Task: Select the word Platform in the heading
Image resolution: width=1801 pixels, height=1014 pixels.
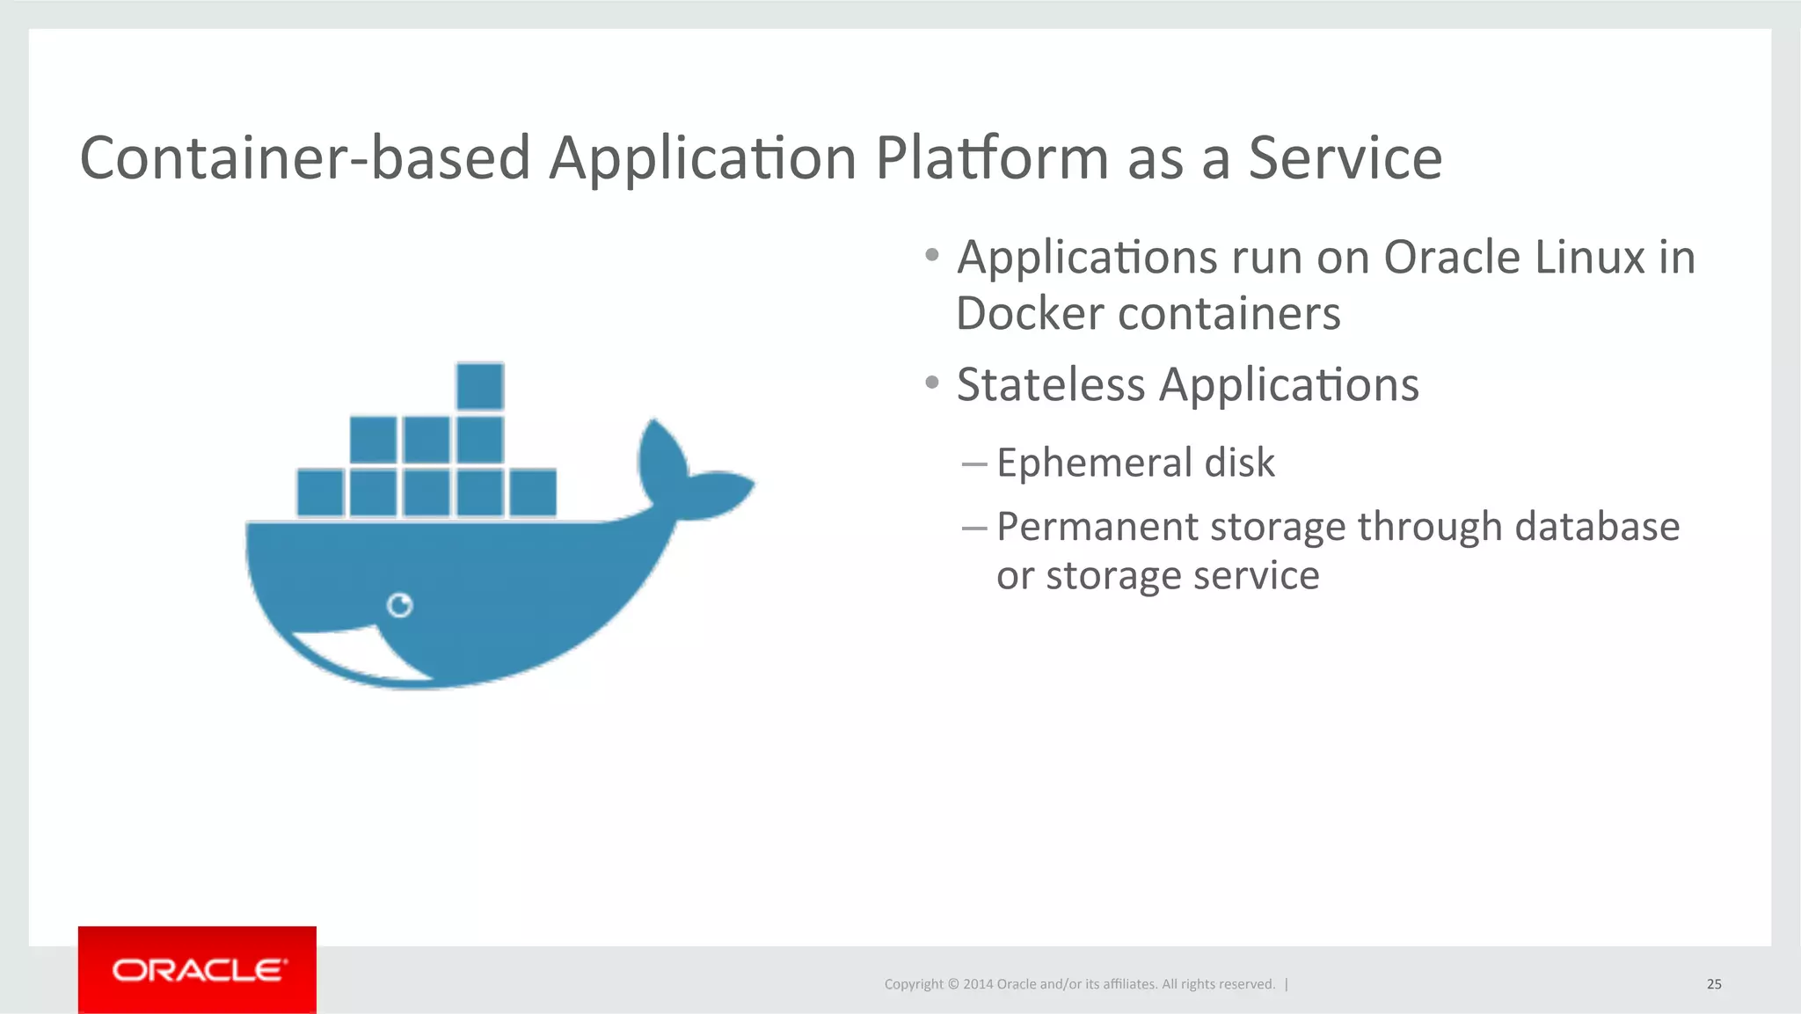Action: [992, 158]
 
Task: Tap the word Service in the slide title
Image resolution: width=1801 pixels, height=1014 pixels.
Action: [1345, 158]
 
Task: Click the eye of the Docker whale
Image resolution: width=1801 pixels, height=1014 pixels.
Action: [400, 605]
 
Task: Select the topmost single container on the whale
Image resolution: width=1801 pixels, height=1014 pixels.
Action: [480, 386]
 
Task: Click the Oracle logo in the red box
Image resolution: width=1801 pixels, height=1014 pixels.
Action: [198, 970]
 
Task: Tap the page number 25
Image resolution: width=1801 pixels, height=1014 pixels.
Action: [1714, 984]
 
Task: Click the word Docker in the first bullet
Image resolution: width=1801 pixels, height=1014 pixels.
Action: [1029, 314]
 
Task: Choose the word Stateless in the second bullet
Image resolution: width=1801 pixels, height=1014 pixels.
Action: [1050, 385]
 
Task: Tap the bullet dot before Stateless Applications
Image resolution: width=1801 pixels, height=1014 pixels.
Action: [932, 383]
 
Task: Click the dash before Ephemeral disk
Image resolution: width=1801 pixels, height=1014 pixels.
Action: [973, 463]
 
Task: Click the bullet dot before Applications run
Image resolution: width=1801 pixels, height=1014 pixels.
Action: [932, 256]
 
